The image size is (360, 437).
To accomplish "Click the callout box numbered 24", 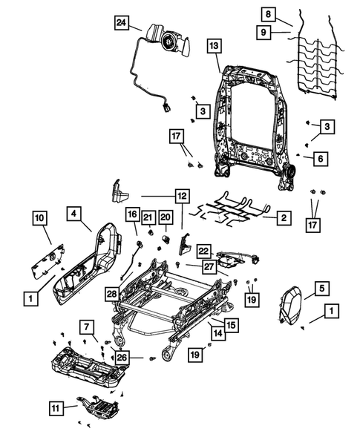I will click(121, 22).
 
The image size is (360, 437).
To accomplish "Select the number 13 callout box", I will click(213, 47).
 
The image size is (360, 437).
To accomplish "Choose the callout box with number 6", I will click(319, 158).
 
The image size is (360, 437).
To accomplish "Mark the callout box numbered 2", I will click(282, 218).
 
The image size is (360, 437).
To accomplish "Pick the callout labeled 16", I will click(131, 215).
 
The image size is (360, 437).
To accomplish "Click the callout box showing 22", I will click(203, 252).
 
